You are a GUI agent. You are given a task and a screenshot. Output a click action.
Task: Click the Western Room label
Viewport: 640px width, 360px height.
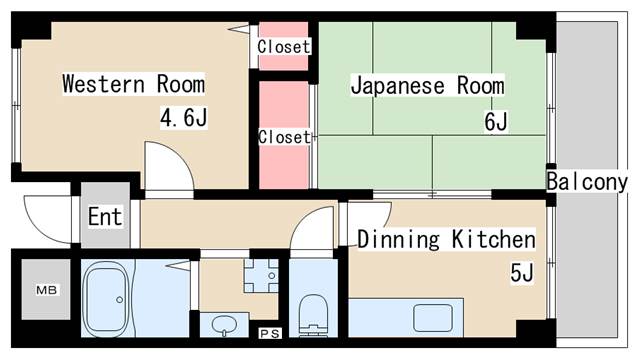[x=133, y=84]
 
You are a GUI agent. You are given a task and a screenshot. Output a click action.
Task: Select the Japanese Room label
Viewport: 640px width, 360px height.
[x=427, y=85]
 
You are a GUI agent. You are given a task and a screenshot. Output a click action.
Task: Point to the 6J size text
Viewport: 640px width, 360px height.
[x=496, y=122]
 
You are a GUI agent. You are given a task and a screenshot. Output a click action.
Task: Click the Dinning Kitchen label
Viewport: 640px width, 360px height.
[x=446, y=240]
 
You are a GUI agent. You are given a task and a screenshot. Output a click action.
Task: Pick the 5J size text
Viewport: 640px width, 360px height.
[x=521, y=273]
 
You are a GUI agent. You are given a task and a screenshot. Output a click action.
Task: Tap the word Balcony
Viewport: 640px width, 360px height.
[x=586, y=182]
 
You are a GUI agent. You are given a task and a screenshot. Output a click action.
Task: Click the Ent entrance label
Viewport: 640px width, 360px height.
[x=105, y=216]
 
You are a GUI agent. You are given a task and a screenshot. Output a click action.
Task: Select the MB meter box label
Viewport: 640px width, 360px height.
[x=46, y=290]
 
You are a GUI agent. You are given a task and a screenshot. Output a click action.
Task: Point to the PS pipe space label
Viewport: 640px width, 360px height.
[x=268, y=333]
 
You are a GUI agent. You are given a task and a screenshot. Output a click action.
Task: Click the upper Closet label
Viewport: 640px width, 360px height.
[x=284, y=46]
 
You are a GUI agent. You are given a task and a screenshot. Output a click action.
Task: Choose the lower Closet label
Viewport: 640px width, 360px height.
[x=284, y=137]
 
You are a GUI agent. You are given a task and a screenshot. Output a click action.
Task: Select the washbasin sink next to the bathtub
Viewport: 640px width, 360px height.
[x=226, y=325]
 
